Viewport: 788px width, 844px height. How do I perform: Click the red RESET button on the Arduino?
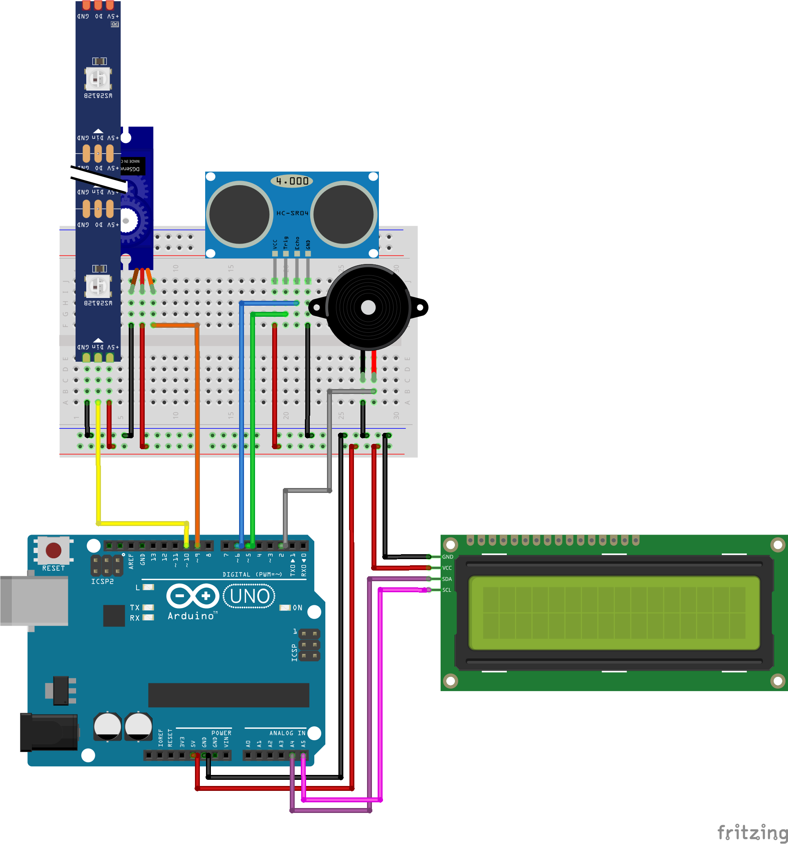[x=54, y=550]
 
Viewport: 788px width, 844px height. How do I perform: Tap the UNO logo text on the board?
[x=249, y=596]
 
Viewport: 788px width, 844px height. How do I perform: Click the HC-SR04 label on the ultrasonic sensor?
[x=292, y=213]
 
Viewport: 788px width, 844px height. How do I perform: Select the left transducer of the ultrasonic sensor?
[x=240, y=215]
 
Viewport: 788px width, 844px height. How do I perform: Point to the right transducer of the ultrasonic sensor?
[x=343, y=215]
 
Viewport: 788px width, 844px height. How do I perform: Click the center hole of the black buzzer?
[x=368, y=308]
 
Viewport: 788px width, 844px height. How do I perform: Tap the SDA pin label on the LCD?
[x=447, y=579]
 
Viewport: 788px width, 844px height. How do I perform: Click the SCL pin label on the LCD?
[x=447, y=590]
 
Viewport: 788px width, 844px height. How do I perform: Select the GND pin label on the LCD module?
[x=448, y=557]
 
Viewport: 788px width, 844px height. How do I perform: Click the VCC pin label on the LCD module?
[x=447, y=568]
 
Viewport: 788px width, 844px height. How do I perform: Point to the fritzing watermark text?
[x=752, y=832]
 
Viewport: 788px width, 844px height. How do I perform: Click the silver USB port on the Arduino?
[x=34, y=601]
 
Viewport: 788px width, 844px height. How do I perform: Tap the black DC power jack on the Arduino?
[x=49, y=732]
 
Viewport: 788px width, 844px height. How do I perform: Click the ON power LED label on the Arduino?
[x=297, y=608]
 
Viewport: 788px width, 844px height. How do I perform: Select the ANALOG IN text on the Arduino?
[x=287, y=733]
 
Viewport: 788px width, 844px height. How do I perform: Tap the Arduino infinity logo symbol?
[x=193, y=596]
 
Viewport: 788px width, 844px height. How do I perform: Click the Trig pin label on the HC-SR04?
[x=286, y=243]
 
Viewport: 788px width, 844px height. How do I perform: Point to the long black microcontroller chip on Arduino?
[x=228, y=695]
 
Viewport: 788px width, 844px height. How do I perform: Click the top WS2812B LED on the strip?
[x=98, y=78]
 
